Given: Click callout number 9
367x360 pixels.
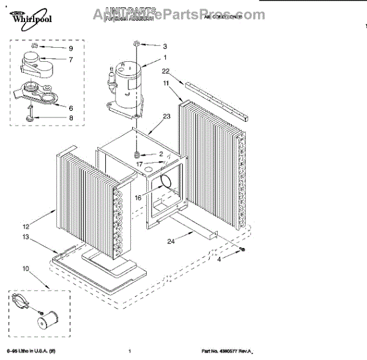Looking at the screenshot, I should pyautogui.click(x=70, y=48).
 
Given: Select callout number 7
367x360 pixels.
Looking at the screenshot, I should pyautogui.click(x=70, y=59).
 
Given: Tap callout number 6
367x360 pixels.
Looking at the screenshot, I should pyautogui.click(x=70, y=108).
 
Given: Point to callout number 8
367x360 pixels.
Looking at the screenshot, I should pyautogui.click(x=70, y=118).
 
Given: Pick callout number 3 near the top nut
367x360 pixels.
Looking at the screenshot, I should pyautogui.click(x=164, y=46).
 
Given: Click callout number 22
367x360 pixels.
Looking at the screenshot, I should pyautogui.click(x=165, y=71).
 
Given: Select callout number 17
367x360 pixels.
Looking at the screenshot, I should pyautogui.click(x=139, y=163).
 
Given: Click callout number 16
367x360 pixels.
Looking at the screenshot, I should pyautogui.click(x=138, y=197).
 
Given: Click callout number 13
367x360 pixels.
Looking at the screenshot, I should pyautogui.click(x=26, y=237).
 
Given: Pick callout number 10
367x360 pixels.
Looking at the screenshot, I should pyautogui.click(x=26, y=268).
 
